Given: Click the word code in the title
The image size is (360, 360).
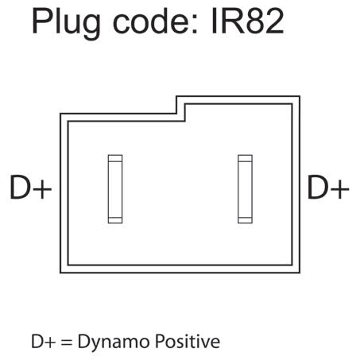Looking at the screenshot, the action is point(152,21).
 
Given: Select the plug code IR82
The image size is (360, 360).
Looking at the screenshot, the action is point(248,21).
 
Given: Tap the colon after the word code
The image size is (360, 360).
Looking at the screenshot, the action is point(195,25).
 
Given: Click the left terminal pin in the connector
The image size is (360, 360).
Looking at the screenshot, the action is point(115,189).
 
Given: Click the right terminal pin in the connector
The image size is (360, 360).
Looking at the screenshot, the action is point(245,189).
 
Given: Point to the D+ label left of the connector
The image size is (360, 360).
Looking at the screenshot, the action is point(31,187).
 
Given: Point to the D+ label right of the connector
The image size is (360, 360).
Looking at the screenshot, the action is point(328,187).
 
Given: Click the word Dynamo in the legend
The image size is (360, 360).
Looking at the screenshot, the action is point(114,343).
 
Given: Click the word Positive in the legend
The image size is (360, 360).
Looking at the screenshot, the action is point(188,341).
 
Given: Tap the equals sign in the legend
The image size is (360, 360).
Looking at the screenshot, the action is point(66,343).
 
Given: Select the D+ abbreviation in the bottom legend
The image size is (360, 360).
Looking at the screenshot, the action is point(44,342).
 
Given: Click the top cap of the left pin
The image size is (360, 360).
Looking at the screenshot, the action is point(115,158).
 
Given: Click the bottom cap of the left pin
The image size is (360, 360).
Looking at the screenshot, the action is point(115,220).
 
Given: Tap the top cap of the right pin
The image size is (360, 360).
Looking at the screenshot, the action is point(245,158).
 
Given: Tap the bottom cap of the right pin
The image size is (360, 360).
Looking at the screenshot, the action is point(245,220).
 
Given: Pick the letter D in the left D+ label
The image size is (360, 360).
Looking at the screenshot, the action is point(19,187).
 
